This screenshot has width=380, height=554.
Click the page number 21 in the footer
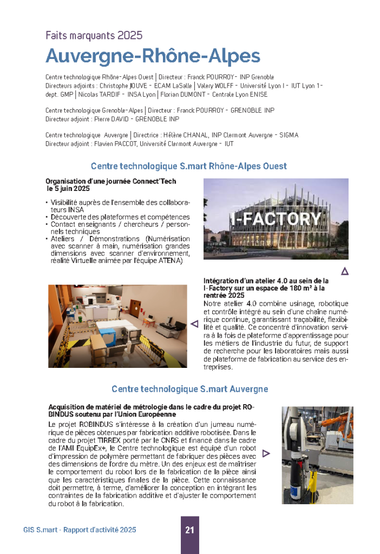[189, 530]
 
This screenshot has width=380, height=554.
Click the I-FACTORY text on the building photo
[276, 219]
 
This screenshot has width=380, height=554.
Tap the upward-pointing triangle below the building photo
[344, 271]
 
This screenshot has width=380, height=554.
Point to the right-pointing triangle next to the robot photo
[266, 453]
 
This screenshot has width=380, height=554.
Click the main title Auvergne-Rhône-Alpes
[153, 56]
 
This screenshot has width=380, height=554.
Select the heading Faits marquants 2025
[94, 36]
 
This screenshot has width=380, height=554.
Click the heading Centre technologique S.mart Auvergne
[189, 389]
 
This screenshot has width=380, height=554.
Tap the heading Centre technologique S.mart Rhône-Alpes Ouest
[188, 166]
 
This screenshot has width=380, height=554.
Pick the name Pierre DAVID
[113, 118]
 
